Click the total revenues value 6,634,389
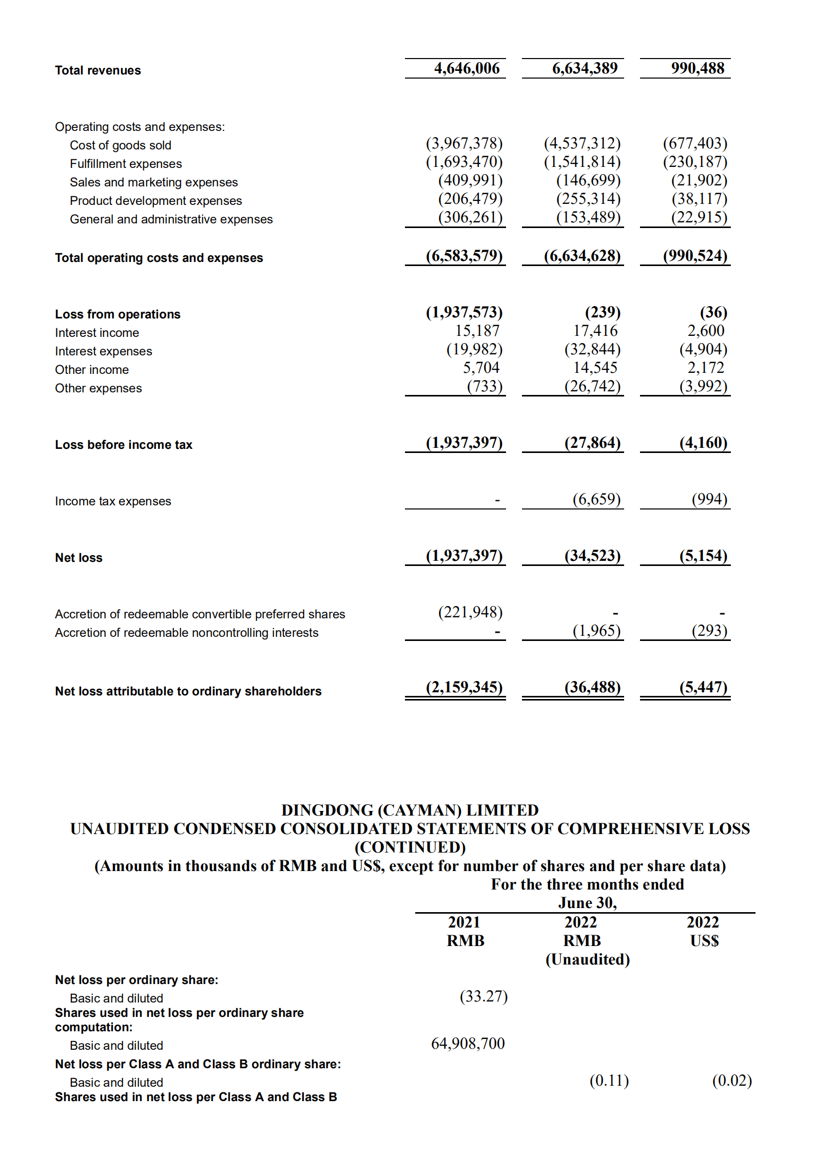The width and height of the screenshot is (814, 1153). (x=585, y=68)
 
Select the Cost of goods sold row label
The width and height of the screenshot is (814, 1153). (x=121, y=145)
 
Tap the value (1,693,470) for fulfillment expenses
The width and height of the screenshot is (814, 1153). (x=464, y=162)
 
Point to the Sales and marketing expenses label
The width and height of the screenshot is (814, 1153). (x=153, y=182)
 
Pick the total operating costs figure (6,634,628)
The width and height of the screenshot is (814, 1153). (x=582, y=256)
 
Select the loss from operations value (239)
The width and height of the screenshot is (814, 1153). (x=603, y=312)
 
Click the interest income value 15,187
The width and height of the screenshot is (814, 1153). (x=477, y=331)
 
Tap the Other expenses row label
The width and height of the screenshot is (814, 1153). (x=98, y=388)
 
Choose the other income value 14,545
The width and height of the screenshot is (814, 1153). (x=595, y=368)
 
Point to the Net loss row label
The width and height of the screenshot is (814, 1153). (x=79, y=558)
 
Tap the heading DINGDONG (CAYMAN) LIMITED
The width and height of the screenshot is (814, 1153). (x=410, y=810)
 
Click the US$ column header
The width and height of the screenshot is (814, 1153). (x=704, y=941)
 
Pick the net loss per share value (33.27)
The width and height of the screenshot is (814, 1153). (x=483, y=996)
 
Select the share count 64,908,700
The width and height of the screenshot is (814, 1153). (x=468, y=1044)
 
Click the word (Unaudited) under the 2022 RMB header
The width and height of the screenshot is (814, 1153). (x=587, y=959)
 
